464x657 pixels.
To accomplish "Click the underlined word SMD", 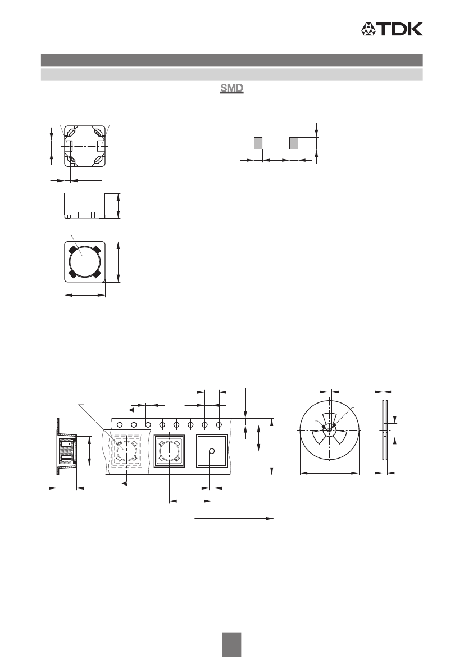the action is (231, 89).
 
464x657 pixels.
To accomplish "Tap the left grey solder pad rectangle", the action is (258, 143).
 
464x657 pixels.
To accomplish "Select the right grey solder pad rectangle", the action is (294, 143).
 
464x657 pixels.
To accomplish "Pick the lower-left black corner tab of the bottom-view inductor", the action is (71, 275).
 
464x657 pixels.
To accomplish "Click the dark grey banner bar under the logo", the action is (231, 60).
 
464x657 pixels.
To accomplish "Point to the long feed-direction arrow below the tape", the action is (234, 518).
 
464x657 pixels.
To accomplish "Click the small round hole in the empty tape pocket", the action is (212, 451).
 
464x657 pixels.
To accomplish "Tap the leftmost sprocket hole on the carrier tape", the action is (120, 425).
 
